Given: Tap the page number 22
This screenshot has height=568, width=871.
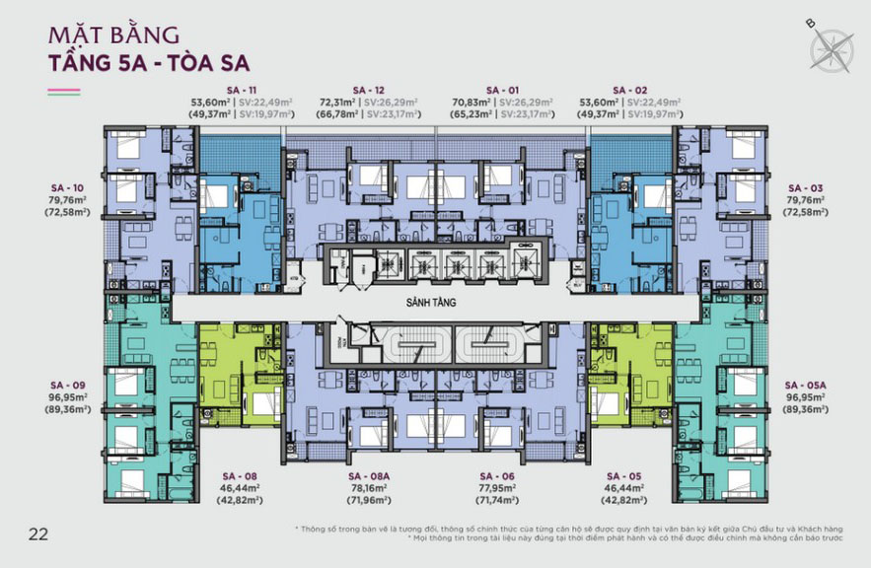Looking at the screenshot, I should pyautogui.click(x=38, y=534).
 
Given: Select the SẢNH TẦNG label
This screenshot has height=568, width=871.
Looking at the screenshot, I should pyautogui.click(x=436, y=304).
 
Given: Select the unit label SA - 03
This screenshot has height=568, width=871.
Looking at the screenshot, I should pyautogui.click(x=804, y=187).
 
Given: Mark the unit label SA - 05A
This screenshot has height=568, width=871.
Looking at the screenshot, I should pyautogui.click(x=804, y=385).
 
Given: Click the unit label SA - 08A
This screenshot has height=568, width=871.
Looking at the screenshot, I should pyautogui.click(x=365, y=474).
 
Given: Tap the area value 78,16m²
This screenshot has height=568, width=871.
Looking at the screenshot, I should pyautogui.click(x=365, y=487).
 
